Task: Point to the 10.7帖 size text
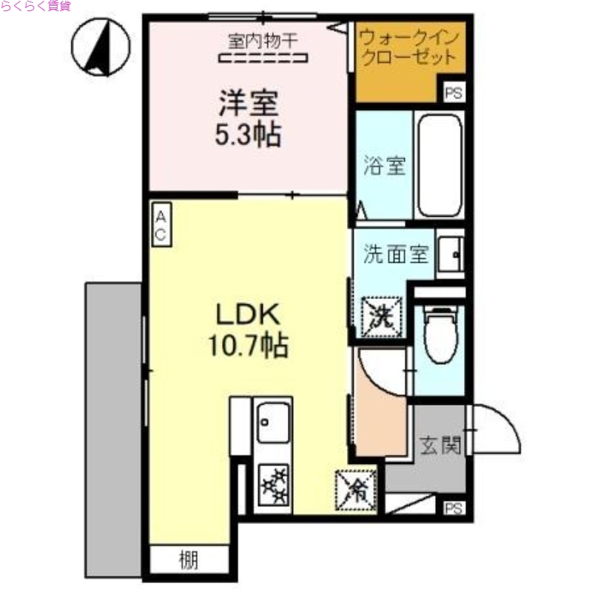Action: [x=247, y=346]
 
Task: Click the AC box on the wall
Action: [x=161, y=223]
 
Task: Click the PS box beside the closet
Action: [x=453, y=92]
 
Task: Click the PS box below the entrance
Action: [x=453, y=508]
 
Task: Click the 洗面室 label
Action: [x=395, y=255]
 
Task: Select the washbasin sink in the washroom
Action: [x=450, y=255]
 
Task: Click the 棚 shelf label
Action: [x=188, y=561]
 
